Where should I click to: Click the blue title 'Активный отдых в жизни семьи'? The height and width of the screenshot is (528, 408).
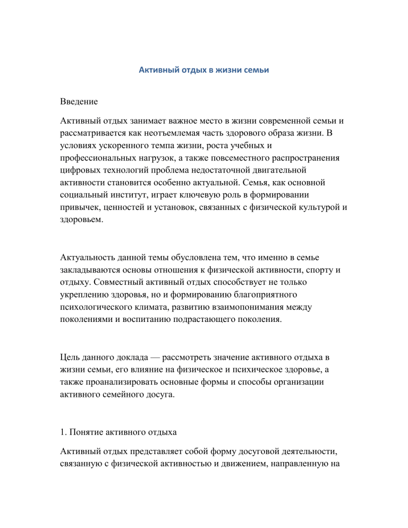click(x=203, y=70)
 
